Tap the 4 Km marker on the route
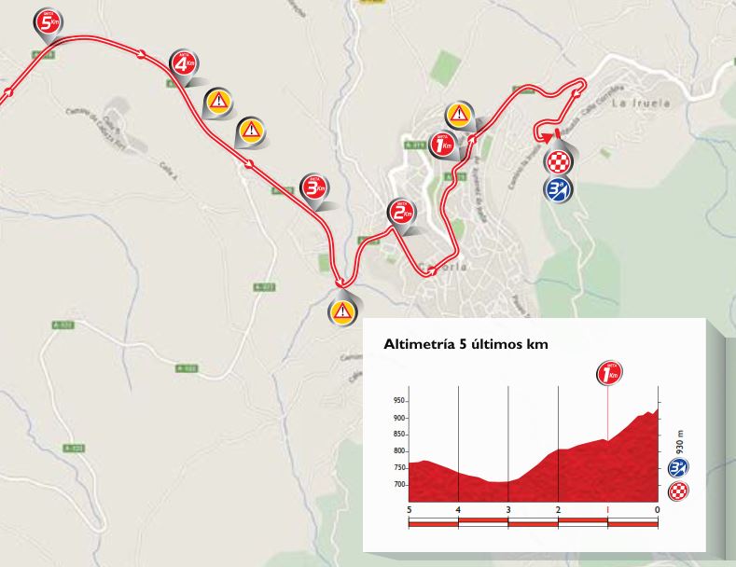tap(184, 63)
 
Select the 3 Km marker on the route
tap(314, 187)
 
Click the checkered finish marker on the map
tap(558, 160)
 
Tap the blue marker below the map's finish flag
tap(558, 188)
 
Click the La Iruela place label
tap(640, 104)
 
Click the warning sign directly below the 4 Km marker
tap(217, 101)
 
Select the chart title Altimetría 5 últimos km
tap(465, 344)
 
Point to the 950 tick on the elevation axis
tap(400, 401)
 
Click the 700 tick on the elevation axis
tap(400, 485)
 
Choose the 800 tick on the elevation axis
tap(400, 451)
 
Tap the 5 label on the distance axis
tap(410, 509)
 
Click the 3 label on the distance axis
tap(507, 509)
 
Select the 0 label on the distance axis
tap(657, 509)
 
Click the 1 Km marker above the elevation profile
tap(609, 373)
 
